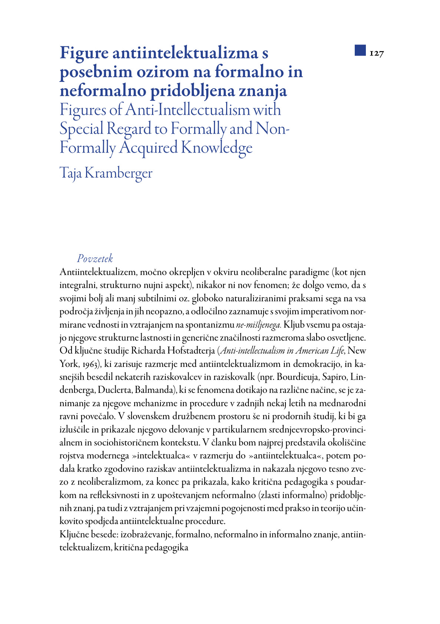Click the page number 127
pyautogui.click(x=377, y=53)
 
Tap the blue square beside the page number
pyautogui.click(x=360, y=50)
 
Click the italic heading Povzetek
pyautogui.click(x=95, y=259)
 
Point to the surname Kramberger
pyautogui.click(x=119, y=173)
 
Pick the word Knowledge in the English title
pyautogui.click(x=217, y=148)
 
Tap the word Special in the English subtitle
pyautogui.click(x=82, y=129)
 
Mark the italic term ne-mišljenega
pyautogui.click(x=259, y=325)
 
